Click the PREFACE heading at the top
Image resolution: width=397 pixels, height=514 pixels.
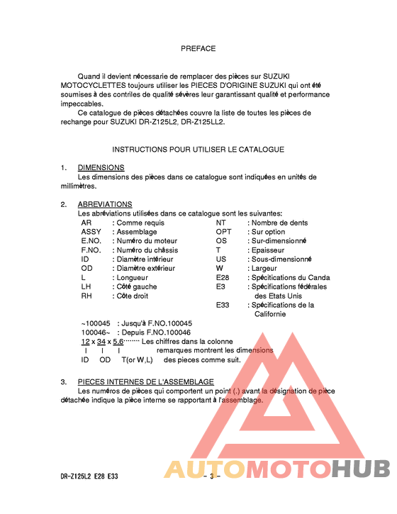coord(198,48)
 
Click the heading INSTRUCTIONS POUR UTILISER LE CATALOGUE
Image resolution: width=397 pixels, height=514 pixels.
coord(198,150)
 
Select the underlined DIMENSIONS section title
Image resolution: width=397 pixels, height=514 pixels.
coord(101,167)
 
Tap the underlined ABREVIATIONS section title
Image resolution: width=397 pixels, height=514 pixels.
coord(105,204)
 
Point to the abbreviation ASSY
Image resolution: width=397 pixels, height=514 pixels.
coord(91,232)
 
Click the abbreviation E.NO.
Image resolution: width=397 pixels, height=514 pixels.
coord(92,241)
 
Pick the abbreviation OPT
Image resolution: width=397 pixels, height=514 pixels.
coord(223,232)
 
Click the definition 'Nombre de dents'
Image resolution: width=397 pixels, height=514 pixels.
coord(280,223)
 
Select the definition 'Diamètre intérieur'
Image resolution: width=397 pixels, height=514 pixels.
coord(145,259)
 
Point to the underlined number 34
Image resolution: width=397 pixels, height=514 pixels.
coord(101,341)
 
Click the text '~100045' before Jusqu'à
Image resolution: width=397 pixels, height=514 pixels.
coord(96,323)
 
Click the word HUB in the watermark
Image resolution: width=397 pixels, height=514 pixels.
coord(362,469)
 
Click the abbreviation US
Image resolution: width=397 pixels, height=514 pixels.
coord(220,259)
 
